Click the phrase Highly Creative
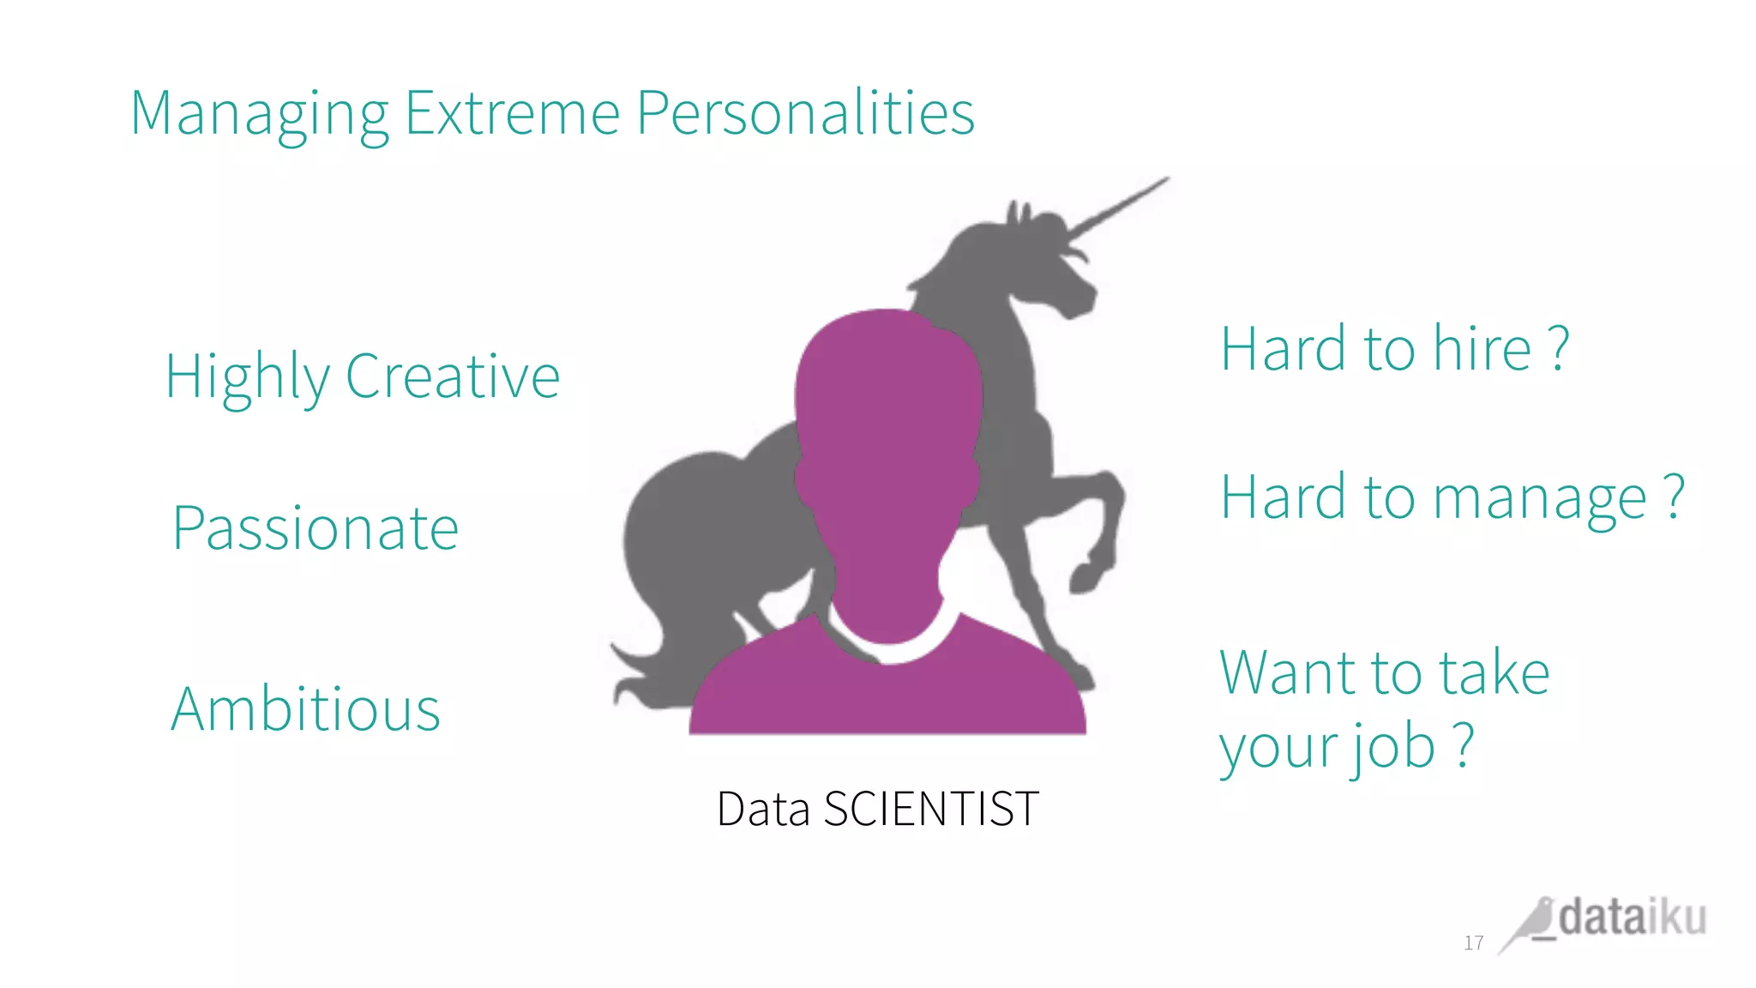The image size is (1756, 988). pyautogui.click(x=362, y=377)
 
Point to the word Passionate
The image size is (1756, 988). pyautogui.click(x=316, y=528)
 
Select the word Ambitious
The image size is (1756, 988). pyautogui.click(x=305, y=710)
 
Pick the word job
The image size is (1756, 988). pyautogui.click(x=1394, y=747)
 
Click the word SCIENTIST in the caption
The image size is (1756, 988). pyautogui.click(x=931, y=809)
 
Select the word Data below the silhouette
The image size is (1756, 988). pyautogui.click(x=762, y=809)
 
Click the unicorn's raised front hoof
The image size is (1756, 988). pyautogui.click(x=1085, y=578)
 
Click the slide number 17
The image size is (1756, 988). pyautogui.click(x=1473, y=943)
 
